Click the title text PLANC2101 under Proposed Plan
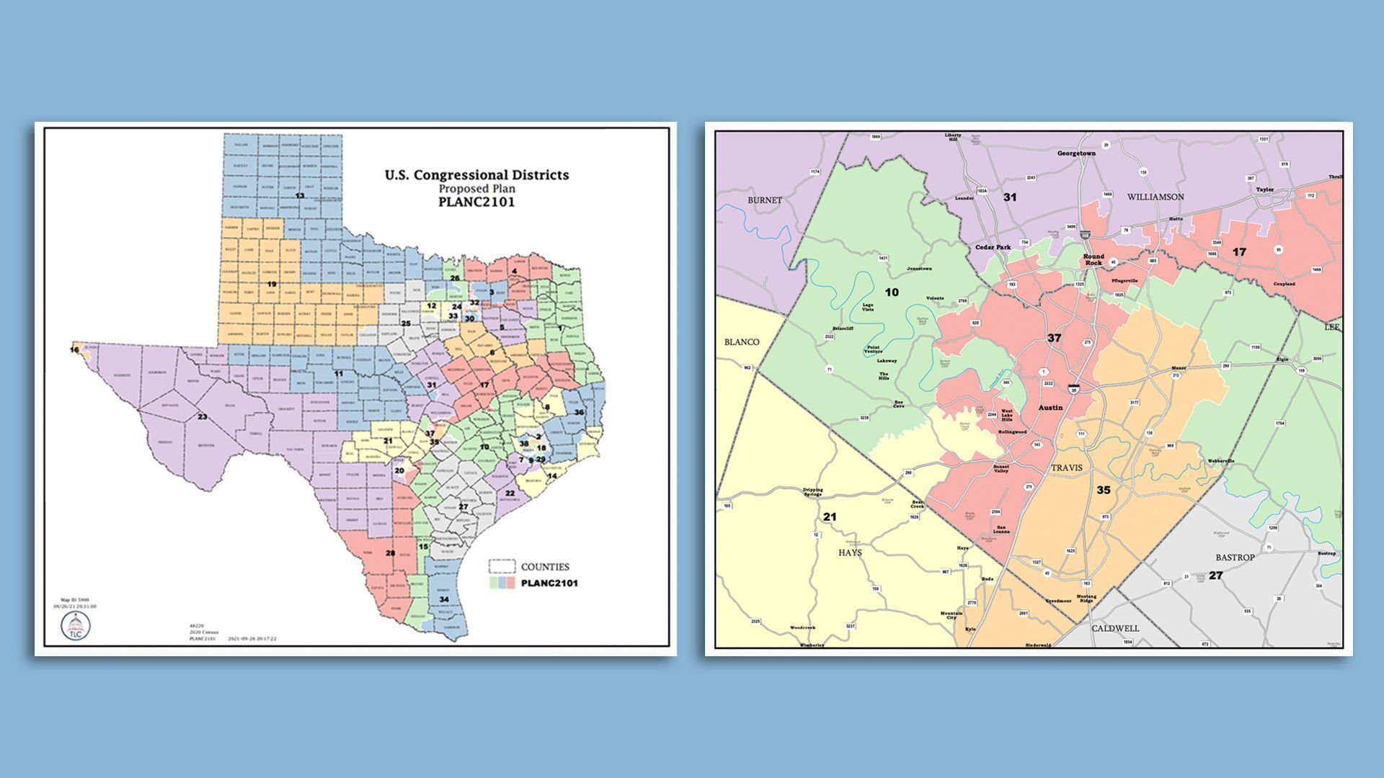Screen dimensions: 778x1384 coord(476,203)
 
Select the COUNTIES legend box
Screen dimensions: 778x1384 coord(502,566)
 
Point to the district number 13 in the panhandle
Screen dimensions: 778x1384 coord(299,196)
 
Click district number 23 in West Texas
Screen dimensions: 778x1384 coord(202,416)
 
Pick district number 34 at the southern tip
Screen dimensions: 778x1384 coord(444,599)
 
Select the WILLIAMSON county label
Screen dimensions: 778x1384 coord(1155,197)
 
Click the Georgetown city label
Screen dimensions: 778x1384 coord(1076,153)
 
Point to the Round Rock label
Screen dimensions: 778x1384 coord(1094,259)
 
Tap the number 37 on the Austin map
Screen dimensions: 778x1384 coord(1054,337)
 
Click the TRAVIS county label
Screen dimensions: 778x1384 coord(1066,468)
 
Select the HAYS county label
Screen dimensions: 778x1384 coord(850,553)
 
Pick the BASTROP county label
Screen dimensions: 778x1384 coord(1235,558)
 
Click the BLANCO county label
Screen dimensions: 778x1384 coord(742,341)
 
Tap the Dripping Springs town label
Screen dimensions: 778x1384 coord(812,493)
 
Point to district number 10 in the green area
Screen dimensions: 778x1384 coord(892,292)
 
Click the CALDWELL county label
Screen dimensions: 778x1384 coord(1114,628)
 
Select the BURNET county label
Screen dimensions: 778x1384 coord(765,200)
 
